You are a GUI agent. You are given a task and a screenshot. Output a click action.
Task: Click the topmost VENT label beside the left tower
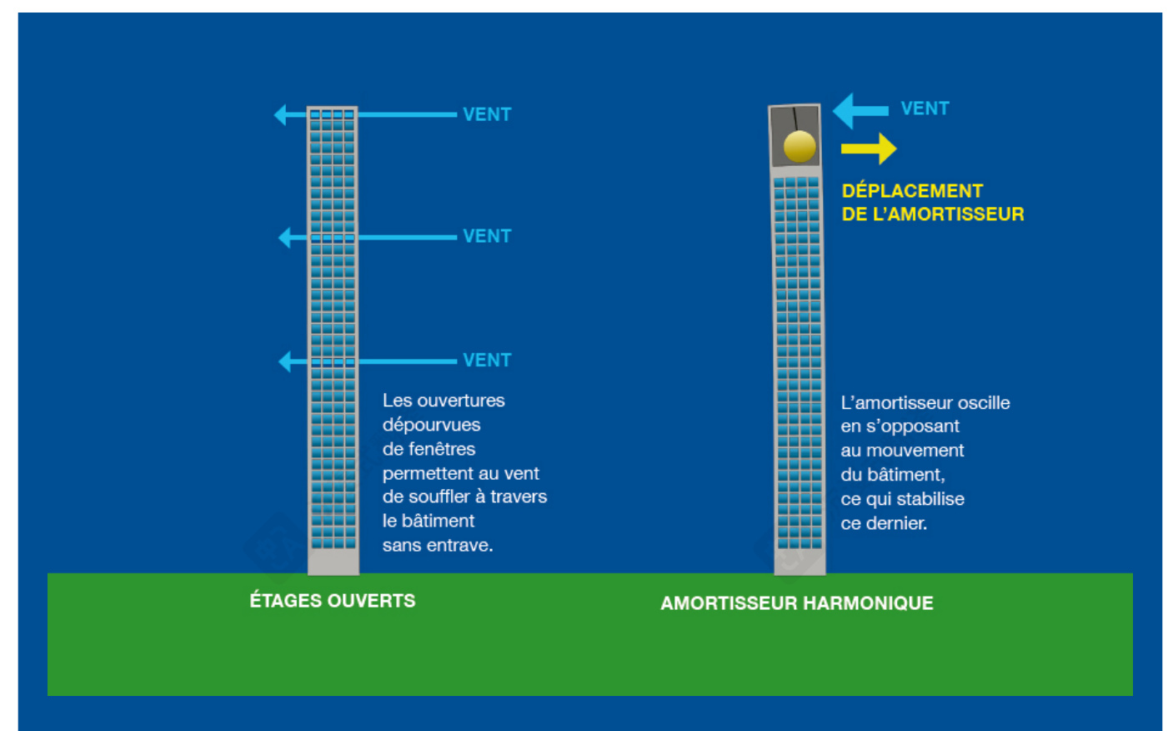(x=487, y=114)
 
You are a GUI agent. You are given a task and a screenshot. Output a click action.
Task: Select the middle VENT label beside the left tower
(x=487, y=236)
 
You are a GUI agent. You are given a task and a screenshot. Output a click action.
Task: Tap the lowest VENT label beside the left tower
(x=487, y=360)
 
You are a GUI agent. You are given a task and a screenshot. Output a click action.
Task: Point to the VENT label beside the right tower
(x=925, y=108)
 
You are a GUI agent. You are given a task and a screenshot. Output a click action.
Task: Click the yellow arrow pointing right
(x=869, y=149)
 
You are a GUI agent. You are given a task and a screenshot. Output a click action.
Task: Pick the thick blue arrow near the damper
(x=860, y=110)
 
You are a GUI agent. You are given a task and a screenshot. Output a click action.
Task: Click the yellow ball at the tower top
(x=800, y=147)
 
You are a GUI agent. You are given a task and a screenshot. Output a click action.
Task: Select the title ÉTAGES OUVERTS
(x=332, y=601)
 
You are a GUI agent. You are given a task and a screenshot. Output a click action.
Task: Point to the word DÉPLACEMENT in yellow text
(x=912, y=191)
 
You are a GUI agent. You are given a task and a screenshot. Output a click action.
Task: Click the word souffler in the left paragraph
(x=439, y=497)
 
